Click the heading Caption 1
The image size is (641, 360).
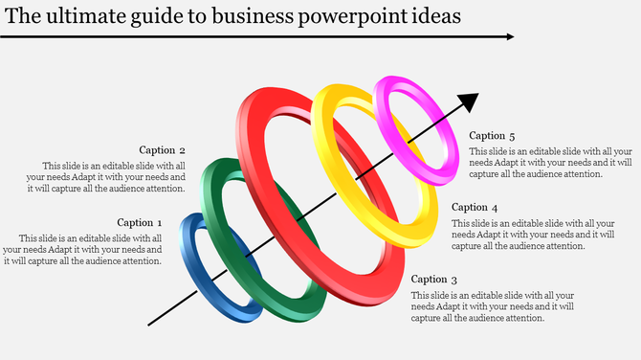pos(141,222)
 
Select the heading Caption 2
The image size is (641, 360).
pos(162,149)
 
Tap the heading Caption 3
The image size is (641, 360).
pos(434,280)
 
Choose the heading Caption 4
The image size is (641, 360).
pos(475,207)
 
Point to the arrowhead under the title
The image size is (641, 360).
pos(509,37)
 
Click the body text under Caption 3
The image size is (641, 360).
pos(492,306)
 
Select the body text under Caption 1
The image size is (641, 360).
pos(82,249)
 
